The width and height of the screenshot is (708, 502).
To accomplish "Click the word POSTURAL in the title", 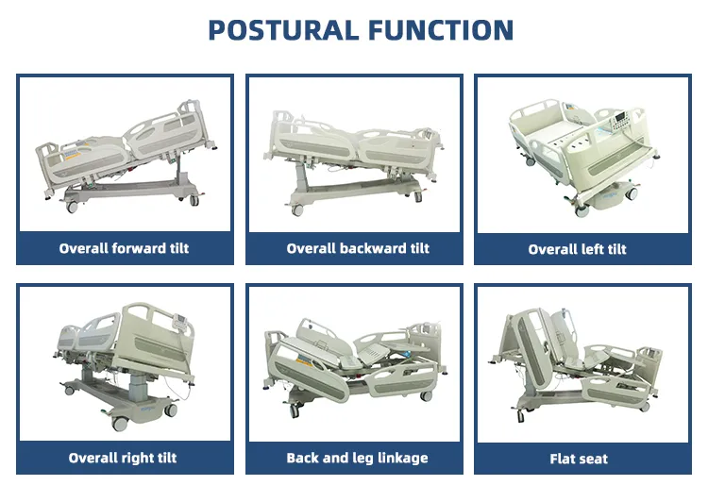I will pyautogui.click(x=280, y=29).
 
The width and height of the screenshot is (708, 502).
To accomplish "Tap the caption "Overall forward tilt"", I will pyautogui.click(x=124, y=248).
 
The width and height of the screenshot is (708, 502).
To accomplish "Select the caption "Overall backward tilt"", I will pyautogui.click(x=358, y=248).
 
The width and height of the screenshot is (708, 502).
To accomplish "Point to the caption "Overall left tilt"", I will pyautogui.click(x=577, y=249).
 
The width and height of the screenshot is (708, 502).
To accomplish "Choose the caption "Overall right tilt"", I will pyautogui.click(x=122, y=458).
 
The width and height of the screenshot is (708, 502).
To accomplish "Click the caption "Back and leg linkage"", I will pyautogui.click(x=357, y=458).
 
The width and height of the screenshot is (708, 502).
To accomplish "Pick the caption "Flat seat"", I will pyautogui.click(x=579, y=459).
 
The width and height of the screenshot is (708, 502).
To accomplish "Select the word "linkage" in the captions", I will pyautogui.click(x=401, y=459).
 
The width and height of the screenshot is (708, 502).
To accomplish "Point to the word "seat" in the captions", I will pyautogui.click(x=593, y=459).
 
